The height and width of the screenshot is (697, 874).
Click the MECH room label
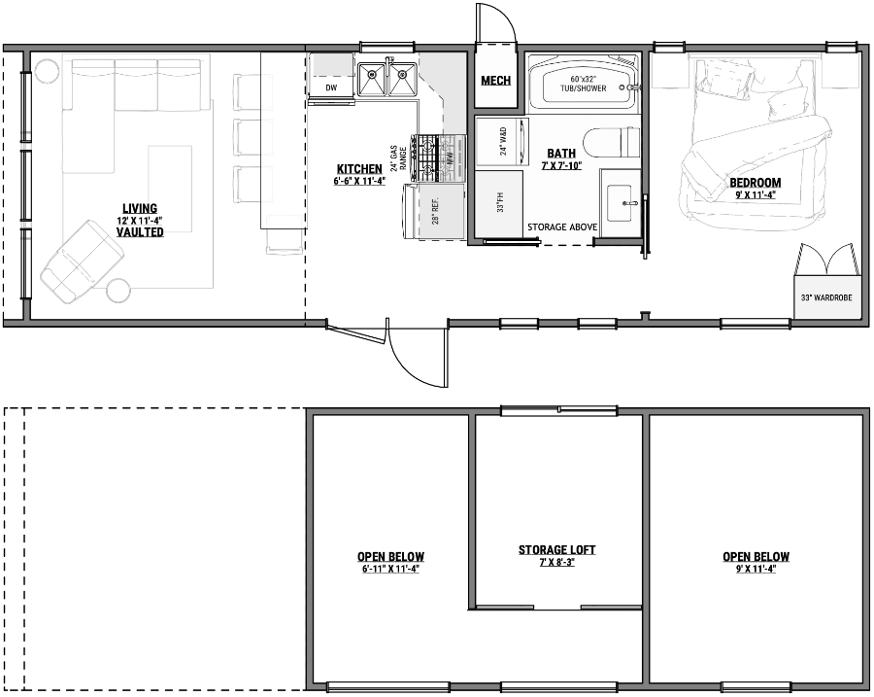click(495, 80)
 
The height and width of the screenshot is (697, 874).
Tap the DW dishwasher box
click(331, 87)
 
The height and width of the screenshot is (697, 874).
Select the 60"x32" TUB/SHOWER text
click(582, 83)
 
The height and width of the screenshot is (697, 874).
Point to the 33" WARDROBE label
click(825, 298)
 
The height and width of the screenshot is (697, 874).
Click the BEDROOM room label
click(755, 183)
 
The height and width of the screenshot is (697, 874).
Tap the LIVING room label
click(141, 208)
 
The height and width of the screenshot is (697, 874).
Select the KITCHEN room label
click(359, 169)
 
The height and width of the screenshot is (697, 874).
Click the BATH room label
click(560, 154)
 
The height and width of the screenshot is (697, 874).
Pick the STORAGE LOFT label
click(556, 550)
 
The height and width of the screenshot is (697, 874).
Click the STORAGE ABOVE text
click(562, 227)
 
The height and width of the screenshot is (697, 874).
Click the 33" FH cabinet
click(498, 205)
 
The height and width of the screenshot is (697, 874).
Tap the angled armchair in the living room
click(82, 260)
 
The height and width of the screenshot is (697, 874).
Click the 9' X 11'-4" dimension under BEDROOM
click(755, 194)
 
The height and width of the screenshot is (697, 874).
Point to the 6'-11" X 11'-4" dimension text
click(390, 569)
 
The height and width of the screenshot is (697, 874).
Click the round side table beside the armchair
click(118, 290)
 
